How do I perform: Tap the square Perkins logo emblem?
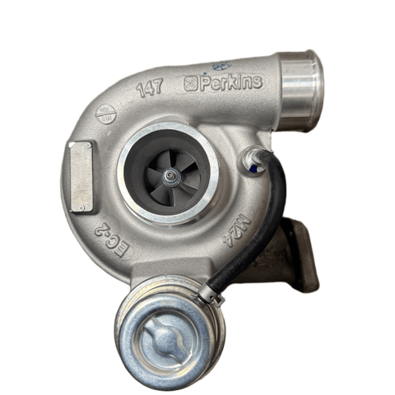pos(191,84)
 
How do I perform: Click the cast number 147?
pos(150,89)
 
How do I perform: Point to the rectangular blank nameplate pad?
pos(81,175)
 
